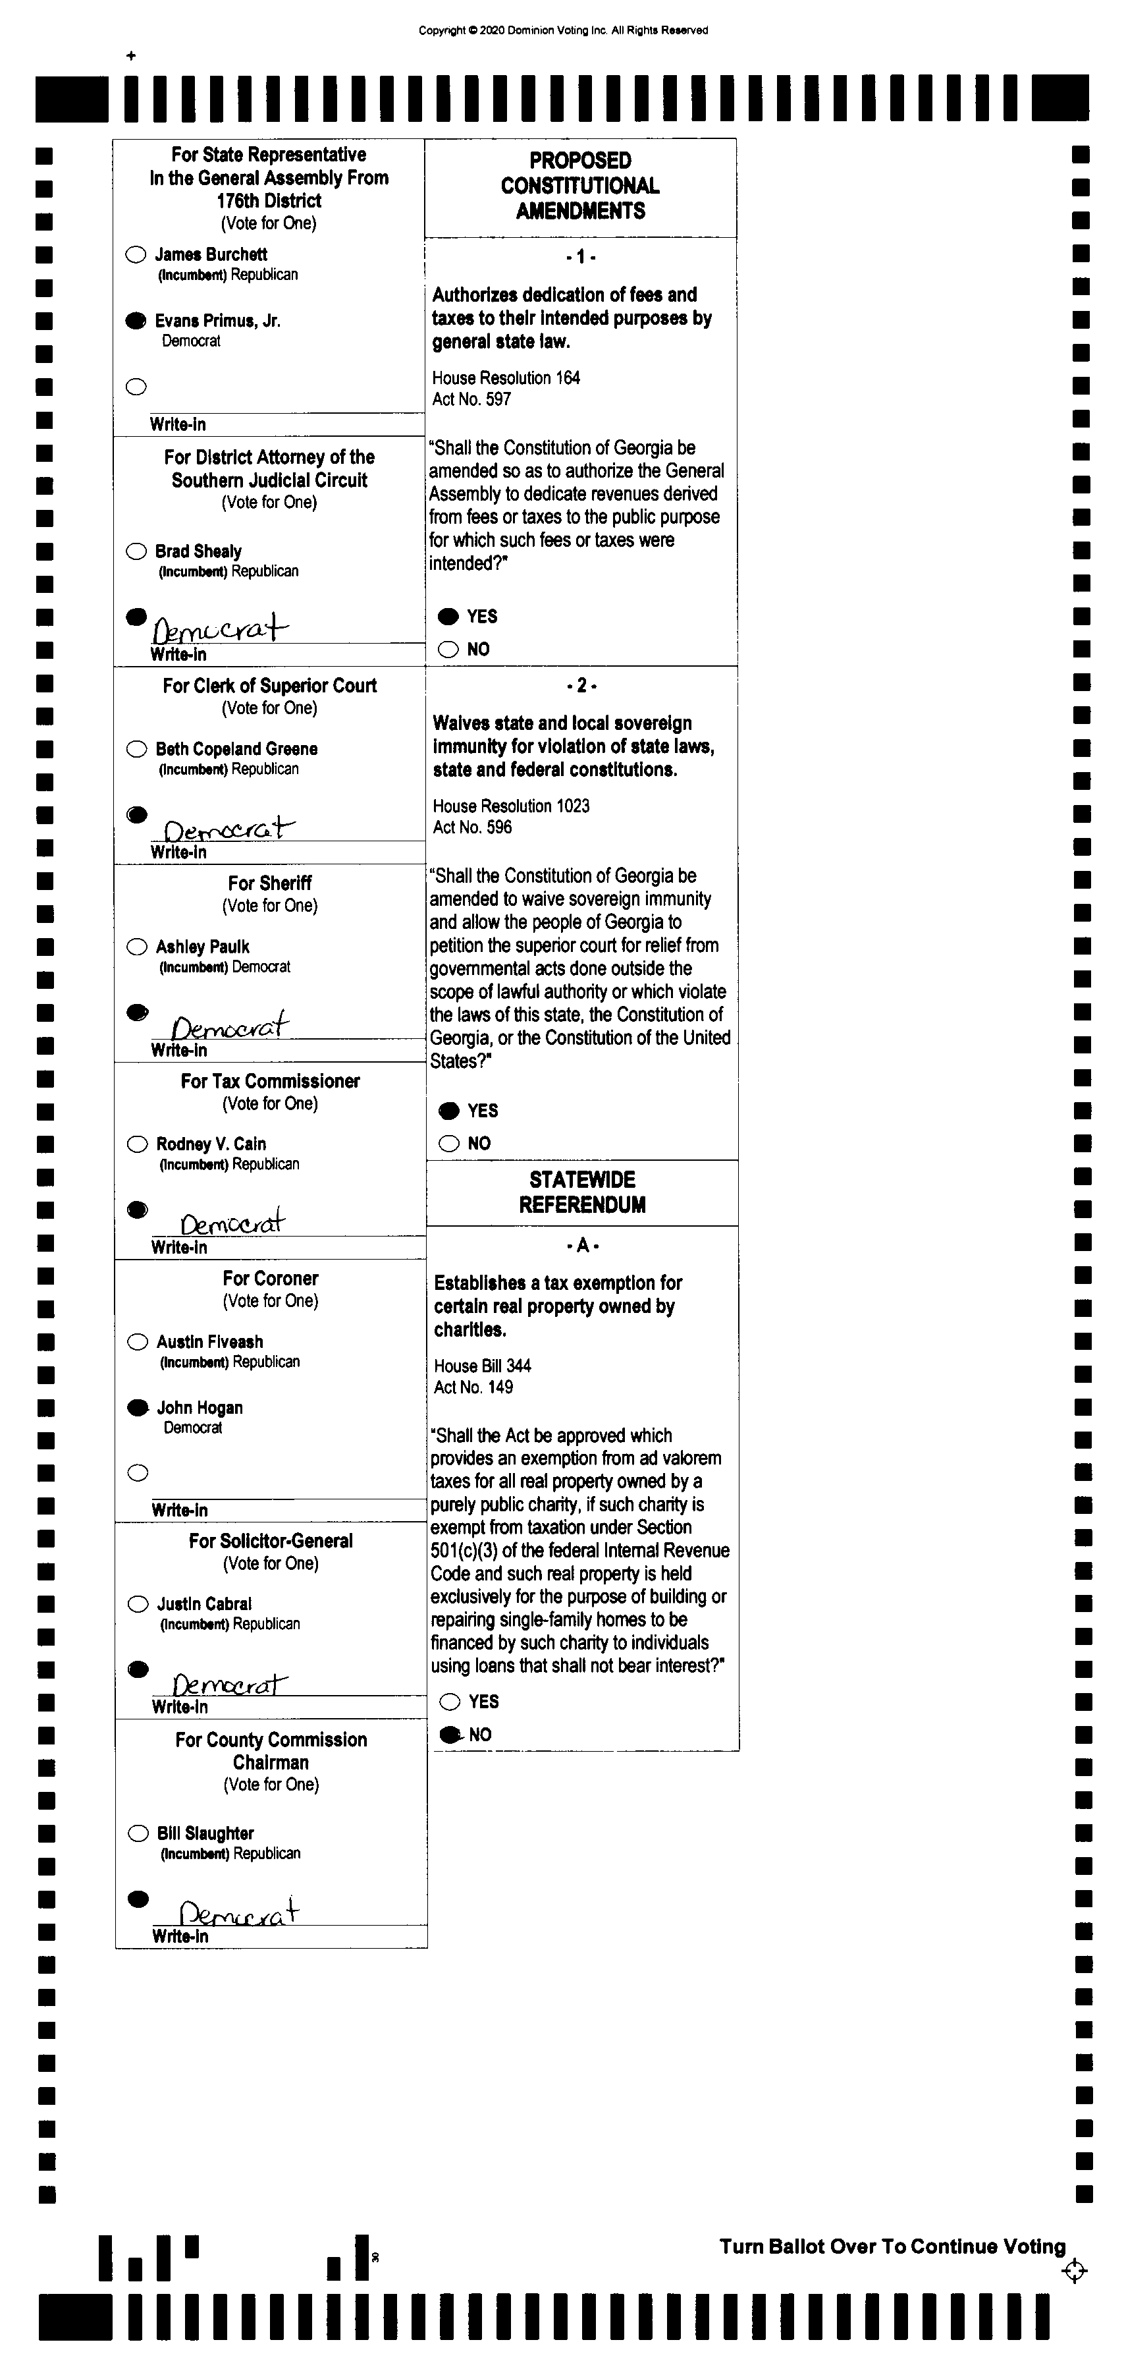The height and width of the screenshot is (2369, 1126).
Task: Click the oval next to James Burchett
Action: tap(136, 255)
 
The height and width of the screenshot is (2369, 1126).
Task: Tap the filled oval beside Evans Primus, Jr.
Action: tap(136, 321)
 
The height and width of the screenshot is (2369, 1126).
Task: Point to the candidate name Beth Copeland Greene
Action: tap(236, 748)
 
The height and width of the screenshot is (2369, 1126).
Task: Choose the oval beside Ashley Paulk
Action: tap(138, 946)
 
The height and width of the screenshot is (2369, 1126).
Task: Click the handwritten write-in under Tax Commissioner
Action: tap(232, 1222)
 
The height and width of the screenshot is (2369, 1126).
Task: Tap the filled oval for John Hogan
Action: tap(138, 1407)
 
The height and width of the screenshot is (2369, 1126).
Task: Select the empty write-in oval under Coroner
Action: tap(138, 1473)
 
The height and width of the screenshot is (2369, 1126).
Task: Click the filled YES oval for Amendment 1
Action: tap(448, 616)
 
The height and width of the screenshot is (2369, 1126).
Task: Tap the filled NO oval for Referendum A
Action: tap(450, 1735)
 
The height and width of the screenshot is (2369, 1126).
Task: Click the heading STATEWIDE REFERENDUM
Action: tap(582, 1192)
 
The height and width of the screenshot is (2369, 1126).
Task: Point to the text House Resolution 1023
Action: tap(511, 806)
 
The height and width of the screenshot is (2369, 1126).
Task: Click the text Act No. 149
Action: tap(473, 1387)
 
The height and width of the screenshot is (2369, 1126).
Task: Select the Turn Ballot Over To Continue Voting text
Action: tap(892, 2246)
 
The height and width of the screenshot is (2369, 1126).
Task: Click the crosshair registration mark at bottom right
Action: tap(1073, 2271)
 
